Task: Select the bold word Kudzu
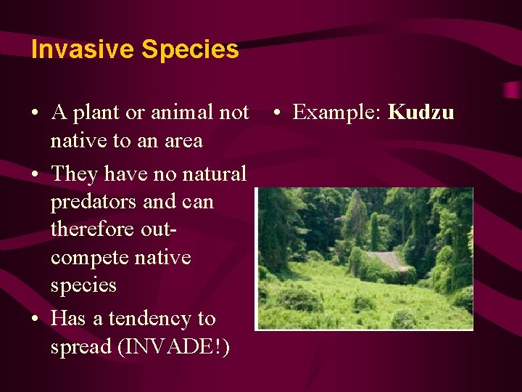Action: point(421,113)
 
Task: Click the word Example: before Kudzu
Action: point(338,113)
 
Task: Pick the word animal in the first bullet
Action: point(180,113)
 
